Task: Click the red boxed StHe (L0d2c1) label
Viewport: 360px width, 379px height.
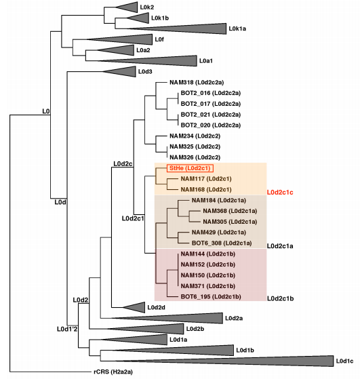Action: tap(190, 168)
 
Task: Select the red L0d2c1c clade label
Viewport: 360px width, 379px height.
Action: tap(280, 193)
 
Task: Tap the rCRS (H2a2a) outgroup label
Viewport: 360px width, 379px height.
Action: tap(113, 372)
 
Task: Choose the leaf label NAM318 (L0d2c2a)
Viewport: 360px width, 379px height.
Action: tap(197, 83)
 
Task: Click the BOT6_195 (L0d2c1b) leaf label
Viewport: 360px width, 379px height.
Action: tap(211, 296)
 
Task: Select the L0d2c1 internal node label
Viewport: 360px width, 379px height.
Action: tap(133, 218)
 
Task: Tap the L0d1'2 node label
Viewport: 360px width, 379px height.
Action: tap(67, 329)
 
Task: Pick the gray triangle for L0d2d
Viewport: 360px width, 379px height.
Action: tap(134, 307)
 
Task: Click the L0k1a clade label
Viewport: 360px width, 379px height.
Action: tap(237, 28)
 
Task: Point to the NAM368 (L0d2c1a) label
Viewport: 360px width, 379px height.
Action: tap(230, 211)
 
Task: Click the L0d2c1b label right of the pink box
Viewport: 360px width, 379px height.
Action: tap(280, 299)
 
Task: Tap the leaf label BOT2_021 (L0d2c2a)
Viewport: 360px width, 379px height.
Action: tap(211, 115)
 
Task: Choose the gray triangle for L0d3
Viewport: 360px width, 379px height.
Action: tap(119, 72)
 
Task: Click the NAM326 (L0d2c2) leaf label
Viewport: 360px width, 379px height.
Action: tap(195, 157)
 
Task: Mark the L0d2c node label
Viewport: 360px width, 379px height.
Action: tap(123, 164)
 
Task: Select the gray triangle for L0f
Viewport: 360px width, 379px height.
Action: tap(119, 39)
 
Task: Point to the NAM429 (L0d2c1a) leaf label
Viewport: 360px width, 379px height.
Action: tap(219, 233)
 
